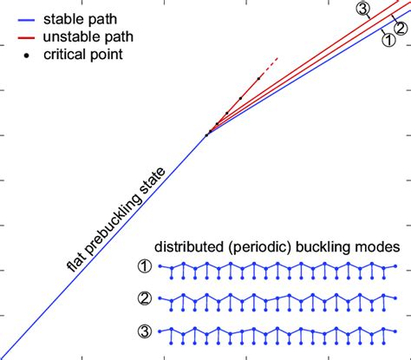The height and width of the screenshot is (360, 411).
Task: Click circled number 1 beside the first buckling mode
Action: click(x=145, y=269)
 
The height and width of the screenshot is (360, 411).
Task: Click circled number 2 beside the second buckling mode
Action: click(x=145, y=301)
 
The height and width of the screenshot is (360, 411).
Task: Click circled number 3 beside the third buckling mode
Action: click(x=145, y=332)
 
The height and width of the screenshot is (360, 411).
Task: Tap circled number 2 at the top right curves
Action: click(x=388, y=27)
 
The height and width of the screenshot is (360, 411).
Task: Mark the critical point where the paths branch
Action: click(x=207, y=134)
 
